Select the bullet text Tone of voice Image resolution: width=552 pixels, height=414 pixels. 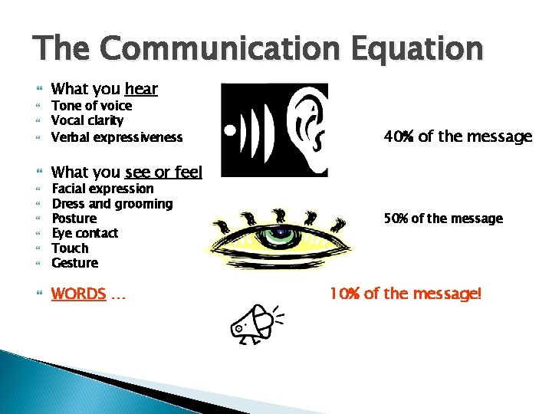tap(91, 106)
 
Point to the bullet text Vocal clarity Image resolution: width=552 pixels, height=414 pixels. tap(87, 120)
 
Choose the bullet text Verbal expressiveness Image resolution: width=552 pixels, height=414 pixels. tap(117, 137)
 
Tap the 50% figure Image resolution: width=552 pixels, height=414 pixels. tap(396, 219)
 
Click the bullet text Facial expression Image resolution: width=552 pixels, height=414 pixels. tap(102, 189)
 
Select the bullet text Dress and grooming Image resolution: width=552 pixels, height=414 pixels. tap(112, 204)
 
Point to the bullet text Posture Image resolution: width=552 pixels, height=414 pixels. tap(74, 219)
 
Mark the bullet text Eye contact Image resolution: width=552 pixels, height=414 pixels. tap(84, 233)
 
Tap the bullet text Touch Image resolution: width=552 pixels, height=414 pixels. tap(70, 248)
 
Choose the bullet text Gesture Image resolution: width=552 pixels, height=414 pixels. tap(74, 263)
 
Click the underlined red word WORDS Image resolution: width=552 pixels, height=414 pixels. tap(78, 294)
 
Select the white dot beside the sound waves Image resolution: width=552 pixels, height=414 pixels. tap(228, 130)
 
